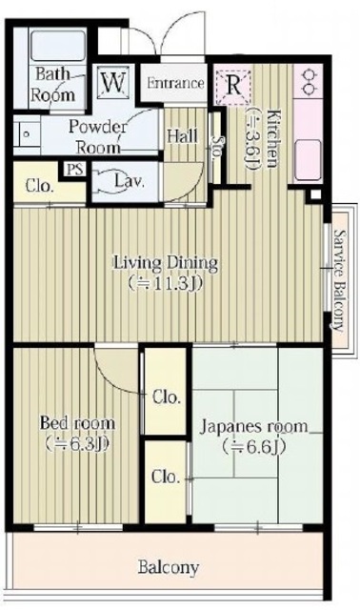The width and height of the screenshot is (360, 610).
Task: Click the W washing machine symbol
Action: tap(112, 83)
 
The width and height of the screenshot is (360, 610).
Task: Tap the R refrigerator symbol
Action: tap(233, 87)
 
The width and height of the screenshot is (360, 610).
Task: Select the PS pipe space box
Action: tap(75, 170)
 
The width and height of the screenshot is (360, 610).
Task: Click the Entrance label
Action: tap(176, 83)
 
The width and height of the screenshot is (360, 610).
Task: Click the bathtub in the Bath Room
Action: tap(57, 46)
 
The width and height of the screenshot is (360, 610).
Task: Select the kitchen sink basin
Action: tap(308, 160)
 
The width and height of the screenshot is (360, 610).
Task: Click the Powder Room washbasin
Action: tap(27, 135)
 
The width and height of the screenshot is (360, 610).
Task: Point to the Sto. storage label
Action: tap(217, 146)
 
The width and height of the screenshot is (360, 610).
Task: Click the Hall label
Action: tap(182, 135)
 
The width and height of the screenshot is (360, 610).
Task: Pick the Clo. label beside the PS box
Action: tap(39, 186)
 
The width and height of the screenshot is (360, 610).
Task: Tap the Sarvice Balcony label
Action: tap(340, 280)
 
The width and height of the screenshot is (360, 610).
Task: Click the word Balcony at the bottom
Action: tap(169, 568)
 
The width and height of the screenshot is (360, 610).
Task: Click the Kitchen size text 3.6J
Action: tap(251, 137)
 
